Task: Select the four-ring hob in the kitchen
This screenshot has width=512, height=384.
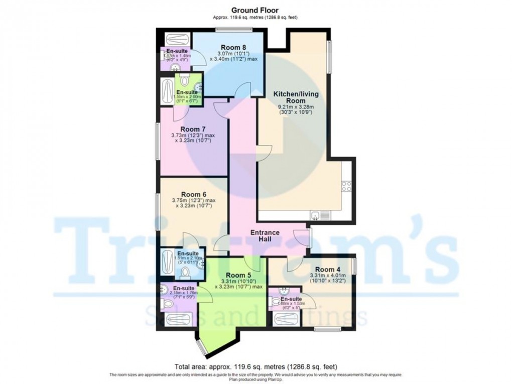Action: click(346, 187)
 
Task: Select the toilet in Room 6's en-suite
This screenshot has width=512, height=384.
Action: click(185, 272)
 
